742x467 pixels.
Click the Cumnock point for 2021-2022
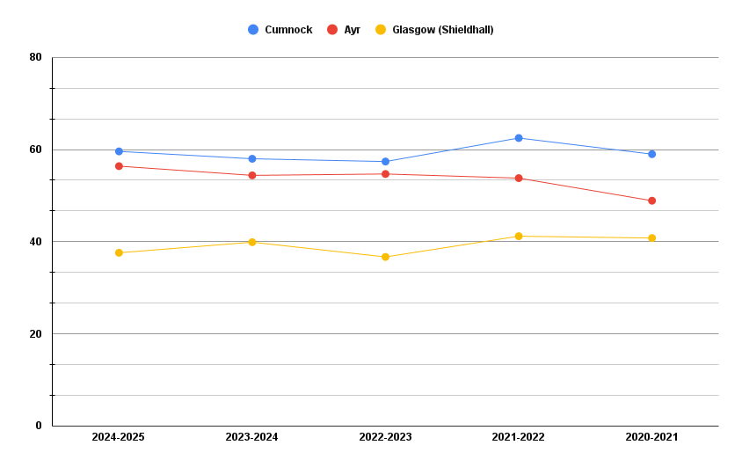coord(519,138)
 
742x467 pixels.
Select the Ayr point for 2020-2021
coord(651,201)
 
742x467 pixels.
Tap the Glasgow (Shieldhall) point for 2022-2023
coord(385,257)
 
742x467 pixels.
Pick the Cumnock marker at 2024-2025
coord(119,151)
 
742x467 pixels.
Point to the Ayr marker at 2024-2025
coord(119,166)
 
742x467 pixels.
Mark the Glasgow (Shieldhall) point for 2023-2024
coord(252,242)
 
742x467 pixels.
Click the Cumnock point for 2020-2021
coord(651,154)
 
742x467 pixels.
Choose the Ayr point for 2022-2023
coord(385,174)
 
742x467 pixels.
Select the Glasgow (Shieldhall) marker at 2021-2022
coord(519,237)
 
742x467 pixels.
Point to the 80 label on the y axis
coord(36,57)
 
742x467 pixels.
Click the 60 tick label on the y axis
coord(36,150)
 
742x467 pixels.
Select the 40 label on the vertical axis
coord(36,242)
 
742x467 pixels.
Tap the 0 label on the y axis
coord(39,426)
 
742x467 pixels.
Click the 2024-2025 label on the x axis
coord(119,437)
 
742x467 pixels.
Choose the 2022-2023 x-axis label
coord(385,437)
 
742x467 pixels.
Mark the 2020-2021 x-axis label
coord(651,437)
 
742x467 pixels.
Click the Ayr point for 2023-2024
coord(252,176)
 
